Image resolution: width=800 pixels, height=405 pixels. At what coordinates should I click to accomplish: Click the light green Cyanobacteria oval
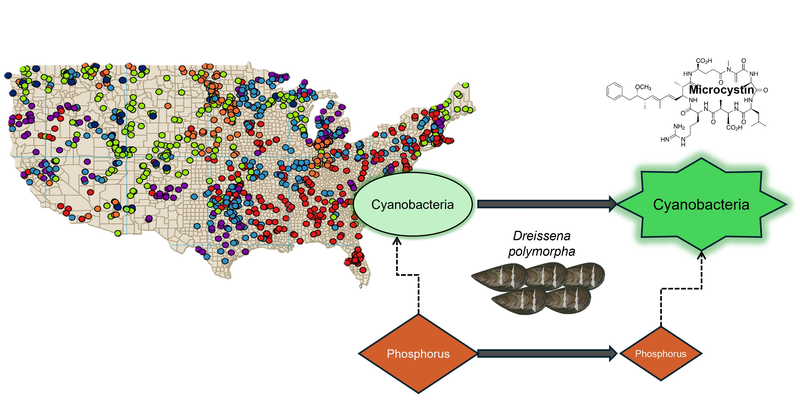(412, 204)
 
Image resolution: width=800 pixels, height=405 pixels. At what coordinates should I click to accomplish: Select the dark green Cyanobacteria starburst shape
(701, 204)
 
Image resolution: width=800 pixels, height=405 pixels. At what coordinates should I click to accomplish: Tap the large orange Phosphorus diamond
(418, 354)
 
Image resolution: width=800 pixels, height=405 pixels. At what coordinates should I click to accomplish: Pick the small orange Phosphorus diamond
(660, 354)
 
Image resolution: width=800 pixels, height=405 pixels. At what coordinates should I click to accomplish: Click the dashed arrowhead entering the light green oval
(397, 241)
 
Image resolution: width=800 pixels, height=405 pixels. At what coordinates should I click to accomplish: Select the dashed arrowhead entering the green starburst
(701, 255)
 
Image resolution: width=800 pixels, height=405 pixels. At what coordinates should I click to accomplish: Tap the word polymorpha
(542, 251)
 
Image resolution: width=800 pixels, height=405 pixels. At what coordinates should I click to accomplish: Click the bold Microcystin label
(721, 90)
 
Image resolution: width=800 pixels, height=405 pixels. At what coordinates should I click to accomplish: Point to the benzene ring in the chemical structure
(614, 91)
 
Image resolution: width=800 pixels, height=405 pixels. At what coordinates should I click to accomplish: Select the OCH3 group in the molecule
(643, 87)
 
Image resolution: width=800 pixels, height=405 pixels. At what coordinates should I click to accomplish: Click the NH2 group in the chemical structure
(679, 127)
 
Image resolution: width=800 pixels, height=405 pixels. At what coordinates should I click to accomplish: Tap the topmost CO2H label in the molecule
(704, 61)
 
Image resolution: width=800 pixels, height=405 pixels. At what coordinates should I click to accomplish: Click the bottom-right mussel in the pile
(568, 300)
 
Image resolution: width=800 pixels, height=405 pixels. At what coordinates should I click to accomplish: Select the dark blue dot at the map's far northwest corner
(8, 75)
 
